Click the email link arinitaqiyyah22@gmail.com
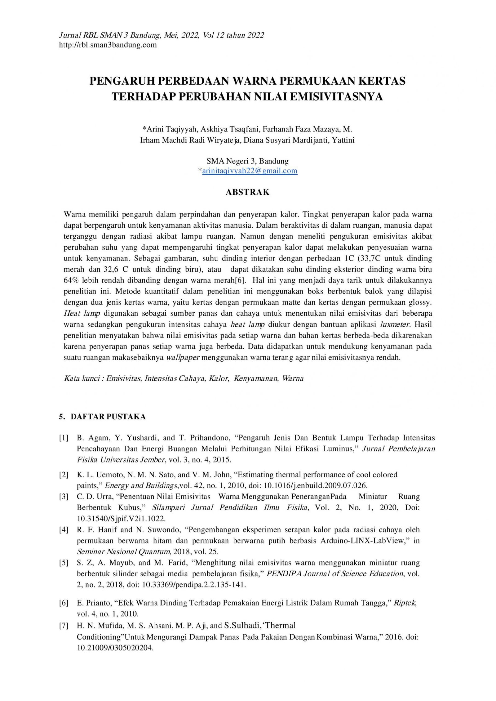[x=250, y=171]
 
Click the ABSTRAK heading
[x=247, y=192]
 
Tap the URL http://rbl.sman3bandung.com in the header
[x=108, y=45]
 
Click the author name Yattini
[x=343, y=140]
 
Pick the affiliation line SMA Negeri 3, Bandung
[x=247, y=161]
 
